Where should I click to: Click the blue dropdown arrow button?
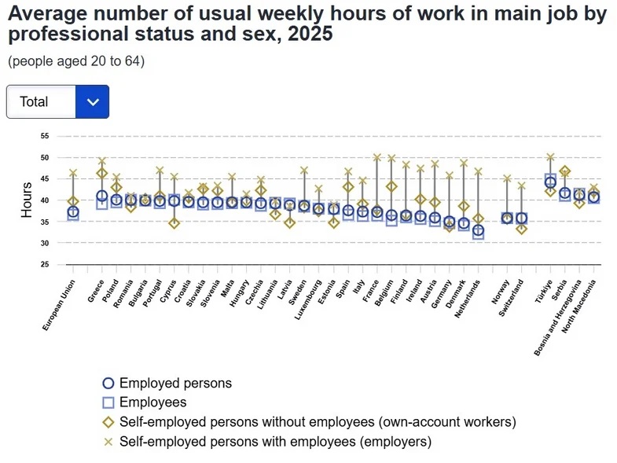[92, 101]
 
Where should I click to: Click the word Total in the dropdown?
[34, 101]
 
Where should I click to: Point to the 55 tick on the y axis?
[45, 136]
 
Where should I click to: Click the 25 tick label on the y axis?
[45, 265]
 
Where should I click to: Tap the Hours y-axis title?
[27, 200]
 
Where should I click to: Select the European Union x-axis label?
[59, 305]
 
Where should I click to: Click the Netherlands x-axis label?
[468, 299]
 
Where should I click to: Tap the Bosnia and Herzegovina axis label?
[557, 318]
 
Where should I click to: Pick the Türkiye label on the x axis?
[544, 292]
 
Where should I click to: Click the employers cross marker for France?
[377, 157]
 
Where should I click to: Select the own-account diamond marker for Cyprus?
[174, 223]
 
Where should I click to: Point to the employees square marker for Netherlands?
[478, 233]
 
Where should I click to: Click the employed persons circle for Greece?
[102, 196]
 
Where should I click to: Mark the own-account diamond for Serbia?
[565, 171]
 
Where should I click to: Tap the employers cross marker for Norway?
[507, 178]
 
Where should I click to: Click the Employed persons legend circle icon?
[108, 383]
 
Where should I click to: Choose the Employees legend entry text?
[153, 402]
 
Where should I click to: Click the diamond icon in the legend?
[108, 422]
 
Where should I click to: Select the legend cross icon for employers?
[108, 442]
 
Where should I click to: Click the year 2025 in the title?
[310, 34]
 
